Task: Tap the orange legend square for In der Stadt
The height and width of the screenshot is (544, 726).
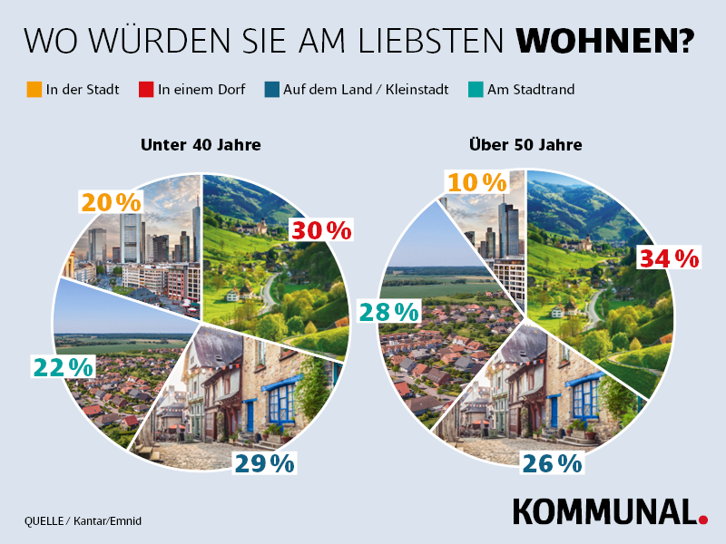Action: [x=34, y=89]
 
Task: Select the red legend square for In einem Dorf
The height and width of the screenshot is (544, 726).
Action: [x=146, y=89]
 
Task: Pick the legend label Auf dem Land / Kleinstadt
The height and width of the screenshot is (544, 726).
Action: [x=365, y=89]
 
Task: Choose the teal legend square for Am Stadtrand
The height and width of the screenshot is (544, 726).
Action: [x=476, y=89]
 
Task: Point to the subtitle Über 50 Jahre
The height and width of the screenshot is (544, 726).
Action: [x=525, y=144]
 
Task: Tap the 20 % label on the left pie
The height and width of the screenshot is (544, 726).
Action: [x=111, y=203]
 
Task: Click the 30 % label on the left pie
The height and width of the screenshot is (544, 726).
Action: [x=320, y=230]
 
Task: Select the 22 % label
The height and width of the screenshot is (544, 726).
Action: [x=63, y=367]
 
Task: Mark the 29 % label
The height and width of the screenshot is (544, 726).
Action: [x=264, y=463]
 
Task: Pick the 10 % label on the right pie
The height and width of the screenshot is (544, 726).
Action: [x=475, y=182]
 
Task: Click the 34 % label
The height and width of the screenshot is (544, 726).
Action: [x=669, y=258]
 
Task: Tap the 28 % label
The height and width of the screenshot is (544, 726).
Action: [x=388, y=312]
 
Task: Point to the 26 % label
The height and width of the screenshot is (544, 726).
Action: [x=551, y=463]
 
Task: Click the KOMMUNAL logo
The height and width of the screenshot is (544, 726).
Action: [x=604, y=511]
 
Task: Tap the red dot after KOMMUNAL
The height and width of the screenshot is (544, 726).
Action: [x=702, y=520]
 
